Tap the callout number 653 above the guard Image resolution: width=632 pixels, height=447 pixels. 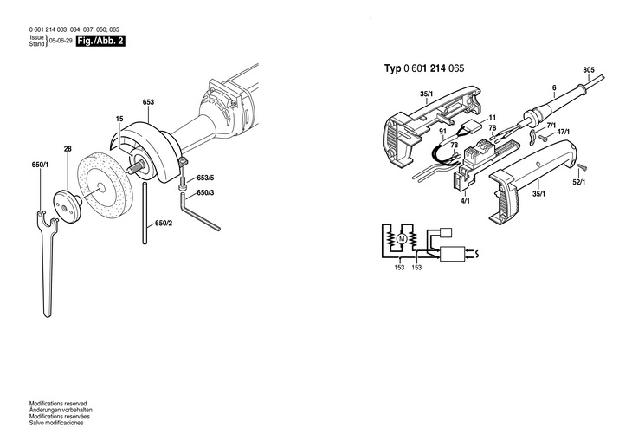pos(148,102)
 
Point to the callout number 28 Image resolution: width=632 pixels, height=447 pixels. pos(68,148)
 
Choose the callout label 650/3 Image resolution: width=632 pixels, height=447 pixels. pos(205,191)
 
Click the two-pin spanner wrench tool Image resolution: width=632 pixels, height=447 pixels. pos(46,260)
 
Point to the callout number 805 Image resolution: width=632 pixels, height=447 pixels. pos(589,69)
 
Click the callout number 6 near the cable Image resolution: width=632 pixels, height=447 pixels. pos(552,87)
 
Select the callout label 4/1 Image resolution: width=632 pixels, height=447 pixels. pos(465,201)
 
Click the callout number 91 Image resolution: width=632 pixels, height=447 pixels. pos(442,133)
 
